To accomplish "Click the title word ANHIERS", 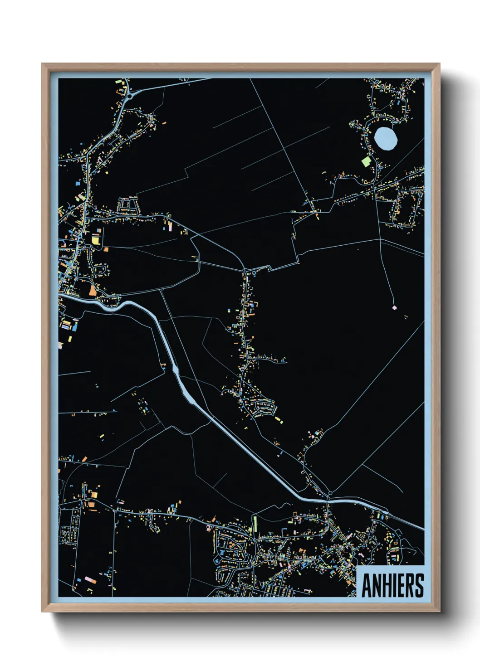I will pos(392,585).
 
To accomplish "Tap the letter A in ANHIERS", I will pos(367,585).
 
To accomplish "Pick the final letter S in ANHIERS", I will pos(419,585).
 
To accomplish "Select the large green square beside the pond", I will pos(366,161).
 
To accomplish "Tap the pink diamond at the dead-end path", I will pos(394,307).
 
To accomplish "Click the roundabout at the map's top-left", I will pos(130,96).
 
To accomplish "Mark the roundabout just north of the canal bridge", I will pos(330,493).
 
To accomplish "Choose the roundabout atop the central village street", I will pos(245,271).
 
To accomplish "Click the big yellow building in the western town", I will pos(96,239).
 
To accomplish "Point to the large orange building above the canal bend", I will pos(93,290).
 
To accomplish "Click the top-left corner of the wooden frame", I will pos(42,64).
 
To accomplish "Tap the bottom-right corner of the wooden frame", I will pos(439,611).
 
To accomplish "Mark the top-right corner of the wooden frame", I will pos(439,64).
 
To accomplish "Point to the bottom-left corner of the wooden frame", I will pos(42,611).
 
